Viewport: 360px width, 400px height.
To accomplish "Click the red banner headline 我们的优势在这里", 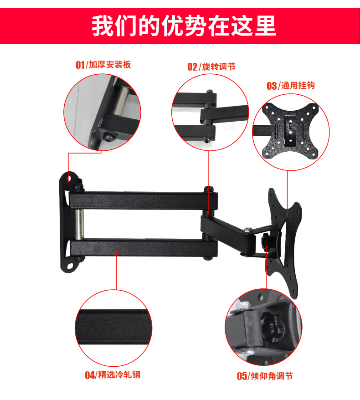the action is click(x=184, y=26).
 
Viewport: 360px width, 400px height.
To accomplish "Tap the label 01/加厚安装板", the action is click(x=103, y=65).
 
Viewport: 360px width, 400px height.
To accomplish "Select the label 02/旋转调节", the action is click(x=211, y=67).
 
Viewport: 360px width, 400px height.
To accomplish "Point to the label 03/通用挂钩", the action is click(x=291, y=86).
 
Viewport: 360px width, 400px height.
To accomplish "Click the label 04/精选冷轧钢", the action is click(x=113, y=375).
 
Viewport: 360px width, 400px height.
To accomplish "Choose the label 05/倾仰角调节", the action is click(x=265, y=376).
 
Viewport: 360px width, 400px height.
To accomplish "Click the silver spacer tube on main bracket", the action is click(x=79, y=224).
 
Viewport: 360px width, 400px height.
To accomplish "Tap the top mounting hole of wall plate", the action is click(x=69, y=178).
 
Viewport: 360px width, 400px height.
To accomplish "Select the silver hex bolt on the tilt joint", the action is click(x=248, y=231).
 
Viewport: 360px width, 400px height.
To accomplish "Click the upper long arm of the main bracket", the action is click(x=144, y=200).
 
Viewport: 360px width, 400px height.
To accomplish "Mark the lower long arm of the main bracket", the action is click(x=144, y=248).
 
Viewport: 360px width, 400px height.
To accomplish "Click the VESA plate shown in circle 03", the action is click(x=291, y=130).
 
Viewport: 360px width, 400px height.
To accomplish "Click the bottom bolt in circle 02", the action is click(x=206, y=139).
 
